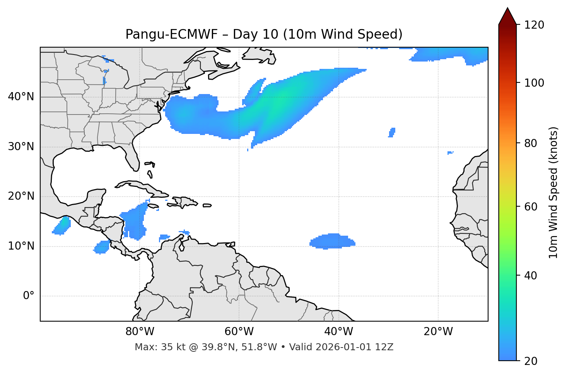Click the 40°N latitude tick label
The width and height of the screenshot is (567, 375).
pos(21,97)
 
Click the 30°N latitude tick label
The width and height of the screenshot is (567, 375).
pos(21,147)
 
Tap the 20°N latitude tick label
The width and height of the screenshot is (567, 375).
pos(21,196)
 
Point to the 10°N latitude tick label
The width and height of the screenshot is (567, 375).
pos(21,246)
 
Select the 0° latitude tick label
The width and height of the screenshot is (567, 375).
pos(29,296)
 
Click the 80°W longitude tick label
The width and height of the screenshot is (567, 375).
pos(140,332)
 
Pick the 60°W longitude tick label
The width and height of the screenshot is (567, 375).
pos(239,332)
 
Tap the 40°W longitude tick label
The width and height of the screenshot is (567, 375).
pos(338,332)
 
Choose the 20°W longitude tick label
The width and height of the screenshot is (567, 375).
pos(438,332)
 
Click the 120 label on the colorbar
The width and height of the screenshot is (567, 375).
pos(534,25)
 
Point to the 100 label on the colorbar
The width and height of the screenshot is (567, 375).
pos(534,83)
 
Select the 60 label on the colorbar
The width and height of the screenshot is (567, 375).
pos(531,207)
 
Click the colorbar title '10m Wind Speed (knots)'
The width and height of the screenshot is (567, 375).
pos(553,192)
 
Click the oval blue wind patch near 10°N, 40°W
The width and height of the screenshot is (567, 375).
pos(332,241)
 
